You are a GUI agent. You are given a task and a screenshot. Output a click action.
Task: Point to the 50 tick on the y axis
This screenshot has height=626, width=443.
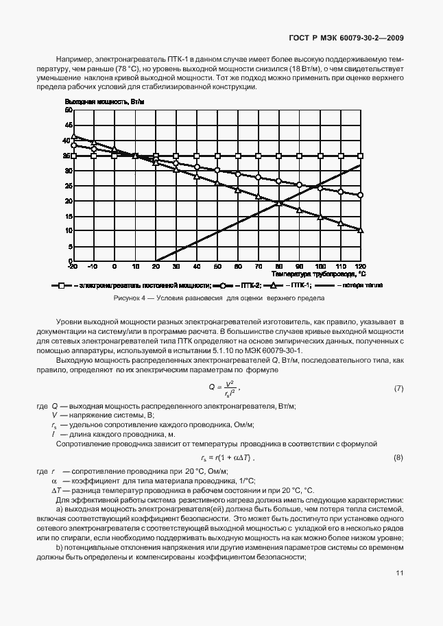point(69,110)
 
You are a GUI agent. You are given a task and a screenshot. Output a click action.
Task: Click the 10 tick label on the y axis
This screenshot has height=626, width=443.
point(69,231)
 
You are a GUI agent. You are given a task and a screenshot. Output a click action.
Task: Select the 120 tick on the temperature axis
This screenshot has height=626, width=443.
point(361,266)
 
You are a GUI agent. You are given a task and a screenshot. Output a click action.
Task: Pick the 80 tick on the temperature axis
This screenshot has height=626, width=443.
point(278,266)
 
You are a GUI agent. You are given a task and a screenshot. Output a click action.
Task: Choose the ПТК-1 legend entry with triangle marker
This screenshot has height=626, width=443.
point(291,285)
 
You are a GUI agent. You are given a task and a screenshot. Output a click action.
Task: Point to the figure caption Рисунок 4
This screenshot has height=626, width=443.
point(219,299)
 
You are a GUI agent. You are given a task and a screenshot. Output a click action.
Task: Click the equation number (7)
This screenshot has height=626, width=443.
point(398,389)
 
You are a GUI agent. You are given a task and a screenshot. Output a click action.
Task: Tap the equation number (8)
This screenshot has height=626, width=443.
point(398,458)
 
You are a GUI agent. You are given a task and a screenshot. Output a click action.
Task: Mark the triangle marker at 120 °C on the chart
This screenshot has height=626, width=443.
point(361,230)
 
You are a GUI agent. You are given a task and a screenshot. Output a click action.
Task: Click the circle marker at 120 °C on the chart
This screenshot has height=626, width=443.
point(361,195)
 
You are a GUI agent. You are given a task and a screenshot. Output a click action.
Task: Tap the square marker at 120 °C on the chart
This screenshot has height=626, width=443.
point(361,156)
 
